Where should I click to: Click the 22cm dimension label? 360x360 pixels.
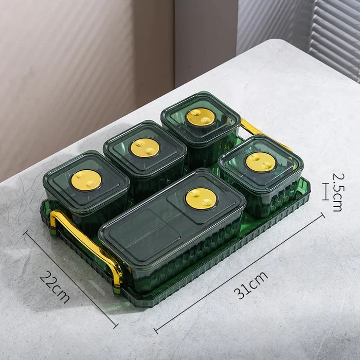click(55, 287)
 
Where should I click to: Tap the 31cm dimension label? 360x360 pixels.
click(251, 285)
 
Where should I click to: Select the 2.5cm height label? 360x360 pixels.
click(338, 192)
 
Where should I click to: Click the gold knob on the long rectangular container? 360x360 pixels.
click(201, 199)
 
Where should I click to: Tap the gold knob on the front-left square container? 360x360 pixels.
click(86, 180)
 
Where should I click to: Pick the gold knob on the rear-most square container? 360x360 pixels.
click(201, 117)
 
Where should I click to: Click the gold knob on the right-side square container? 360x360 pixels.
click(260, 162)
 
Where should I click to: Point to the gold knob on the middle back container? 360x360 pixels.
click(145, 148)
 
